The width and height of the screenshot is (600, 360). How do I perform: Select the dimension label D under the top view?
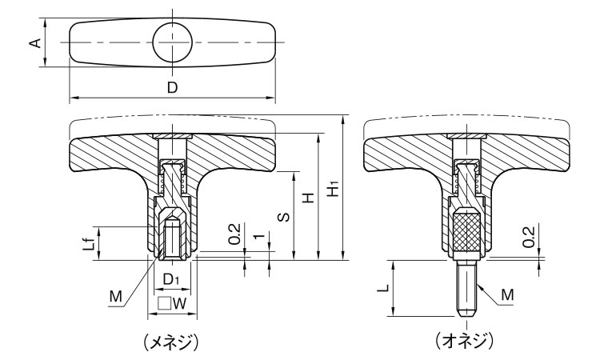coord(172,88)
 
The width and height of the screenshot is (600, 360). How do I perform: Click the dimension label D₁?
coord(172,279)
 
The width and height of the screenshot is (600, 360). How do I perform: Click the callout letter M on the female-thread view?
coord(117,297)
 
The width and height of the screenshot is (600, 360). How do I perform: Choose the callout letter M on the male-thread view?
coord(507,297)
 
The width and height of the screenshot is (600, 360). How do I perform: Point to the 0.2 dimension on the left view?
coord(234,238)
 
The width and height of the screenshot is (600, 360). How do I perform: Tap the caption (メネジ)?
coord(170,342)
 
